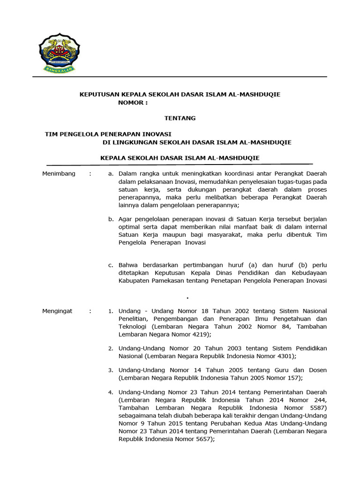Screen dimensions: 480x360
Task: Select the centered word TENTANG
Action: (x=180, y=118)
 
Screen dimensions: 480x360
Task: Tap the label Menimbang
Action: (x=59, y=174)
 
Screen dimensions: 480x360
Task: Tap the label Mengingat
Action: (x=58, y=311)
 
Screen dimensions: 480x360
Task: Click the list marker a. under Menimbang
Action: (x=111, y=174)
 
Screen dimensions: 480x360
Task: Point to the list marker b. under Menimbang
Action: (x=111, y=219)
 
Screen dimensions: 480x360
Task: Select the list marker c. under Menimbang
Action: (x=111, y=265)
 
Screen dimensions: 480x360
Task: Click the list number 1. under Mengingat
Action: (x=111, y=311)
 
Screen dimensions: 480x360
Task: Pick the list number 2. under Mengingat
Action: (x=111, y=349)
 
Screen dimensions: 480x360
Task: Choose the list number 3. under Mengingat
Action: (x=111, y=370)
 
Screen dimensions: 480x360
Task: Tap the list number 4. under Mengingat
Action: (x=111, y=392)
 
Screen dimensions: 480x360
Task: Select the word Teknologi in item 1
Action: (x=133, y=326)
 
